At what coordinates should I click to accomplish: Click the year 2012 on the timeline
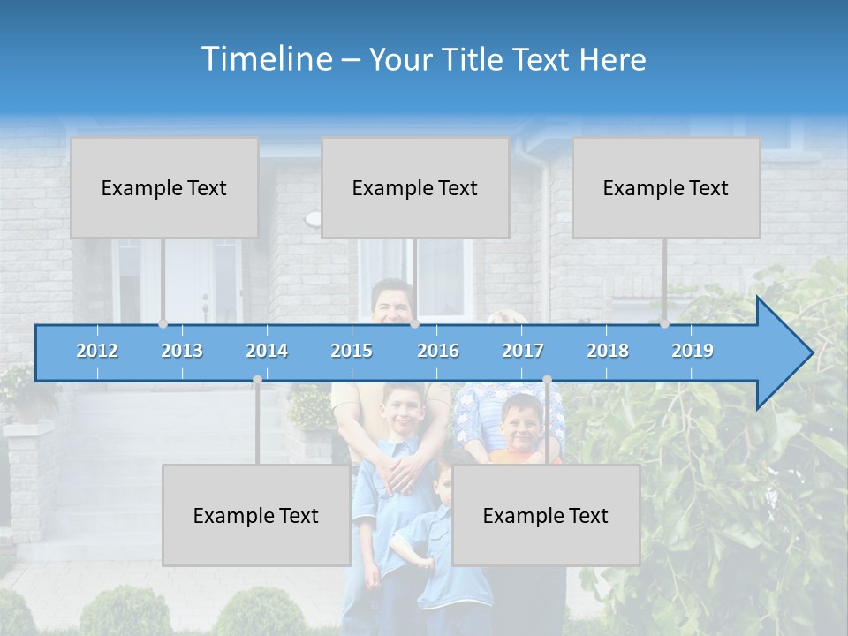[x=97, y=351]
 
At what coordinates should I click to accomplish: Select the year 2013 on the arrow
[x=182, y=351]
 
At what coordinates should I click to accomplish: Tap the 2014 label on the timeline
[x=267, y=351]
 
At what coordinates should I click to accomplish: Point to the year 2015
[x=352, y=351]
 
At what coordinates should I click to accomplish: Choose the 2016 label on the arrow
[x=438, y=351]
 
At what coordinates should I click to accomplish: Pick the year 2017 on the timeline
[x=523, y=351]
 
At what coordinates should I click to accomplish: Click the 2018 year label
[x=608, y=351]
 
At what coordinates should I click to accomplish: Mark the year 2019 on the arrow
[x=693, y=351]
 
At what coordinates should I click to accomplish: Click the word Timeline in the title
[x=265, y=58]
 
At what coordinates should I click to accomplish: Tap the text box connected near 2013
[x=164, y=187]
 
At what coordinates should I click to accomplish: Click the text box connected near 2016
[x=415, y=187]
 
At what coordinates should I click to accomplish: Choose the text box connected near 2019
[x=666, y=187]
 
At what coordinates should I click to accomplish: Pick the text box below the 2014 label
[x=256, y=515]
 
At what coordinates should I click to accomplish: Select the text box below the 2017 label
[x=546, y=515]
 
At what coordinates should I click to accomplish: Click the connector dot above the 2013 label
[x=163, y=324]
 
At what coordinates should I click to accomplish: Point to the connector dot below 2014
[x=257, y=380]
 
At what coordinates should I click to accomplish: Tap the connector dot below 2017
[x=547, y=380]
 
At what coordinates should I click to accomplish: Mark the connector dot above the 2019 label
[x=664, y=324]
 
